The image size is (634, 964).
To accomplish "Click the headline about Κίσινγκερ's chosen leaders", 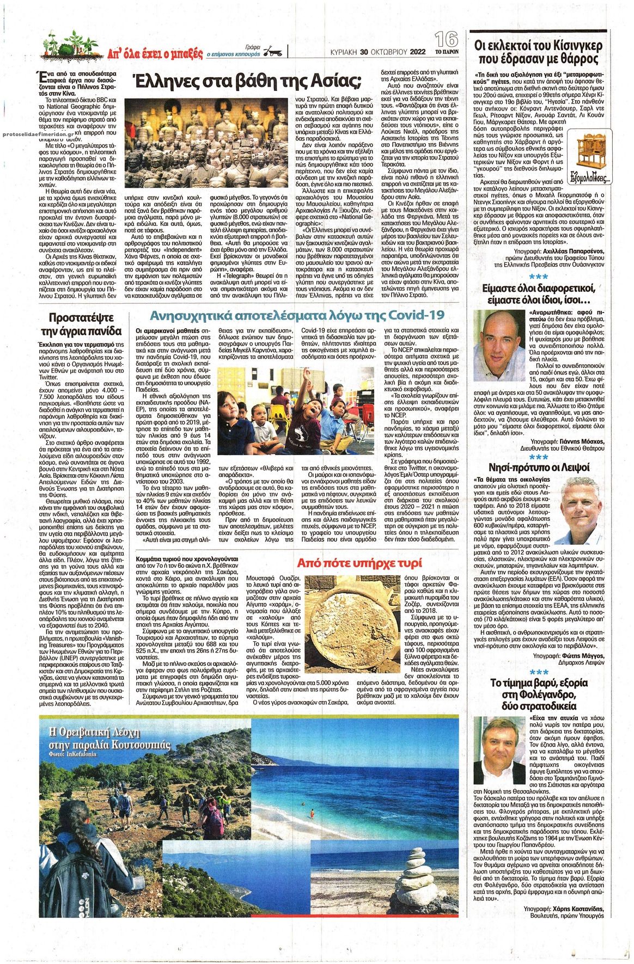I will (538, 53).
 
